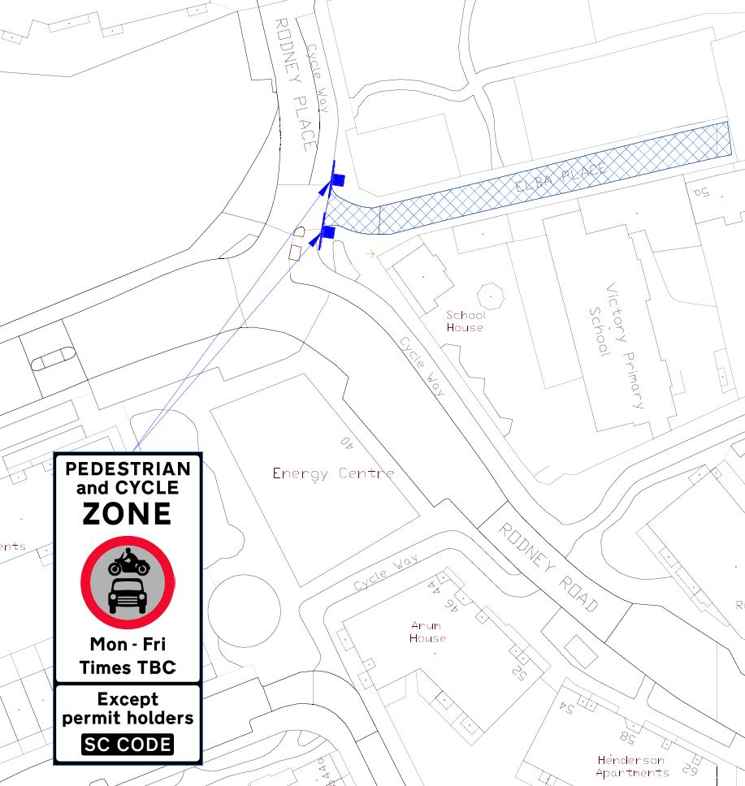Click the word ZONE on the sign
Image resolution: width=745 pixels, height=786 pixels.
coord(128,514)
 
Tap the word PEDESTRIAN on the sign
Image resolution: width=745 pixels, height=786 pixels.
coord(128,469)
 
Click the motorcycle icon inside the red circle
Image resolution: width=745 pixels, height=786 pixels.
coord(128,562)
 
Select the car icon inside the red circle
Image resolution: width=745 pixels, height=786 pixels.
coord(128,596)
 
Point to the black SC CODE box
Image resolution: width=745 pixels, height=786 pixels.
coord(128,745)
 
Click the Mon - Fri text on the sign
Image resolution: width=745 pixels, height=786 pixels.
coord(128,645)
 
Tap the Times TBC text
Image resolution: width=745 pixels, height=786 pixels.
coord(128,667)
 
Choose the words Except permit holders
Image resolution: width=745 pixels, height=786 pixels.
coord(128,708)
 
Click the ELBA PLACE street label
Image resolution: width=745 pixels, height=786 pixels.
coord(561,178)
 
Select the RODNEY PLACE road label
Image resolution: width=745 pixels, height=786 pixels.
coord(294,84)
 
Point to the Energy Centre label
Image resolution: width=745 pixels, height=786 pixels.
coord(333,473)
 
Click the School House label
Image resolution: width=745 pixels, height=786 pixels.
coord(465,322)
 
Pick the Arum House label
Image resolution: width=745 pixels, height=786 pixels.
coord(427,632)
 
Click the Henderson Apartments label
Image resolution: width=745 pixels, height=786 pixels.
coord(630,767)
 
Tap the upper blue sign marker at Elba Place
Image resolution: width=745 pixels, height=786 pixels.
coord(337,180)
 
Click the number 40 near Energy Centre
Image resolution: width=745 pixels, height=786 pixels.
coord(347,443)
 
